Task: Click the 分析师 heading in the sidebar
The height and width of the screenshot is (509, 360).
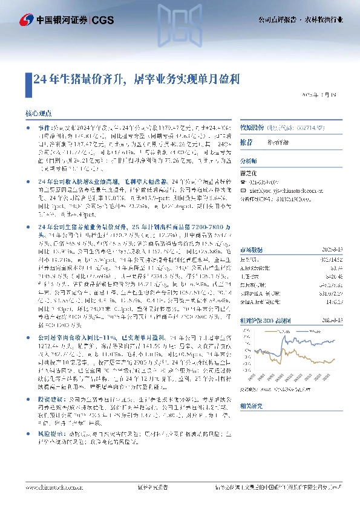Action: click(x=249, y=162)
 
